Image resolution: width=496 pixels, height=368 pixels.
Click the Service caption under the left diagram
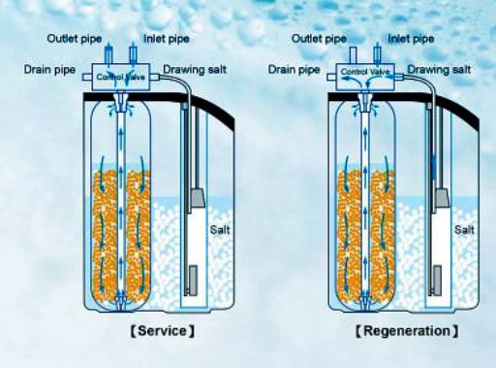click(x=163, y=331)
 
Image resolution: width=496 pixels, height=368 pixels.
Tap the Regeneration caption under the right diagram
click(x=407, y=331)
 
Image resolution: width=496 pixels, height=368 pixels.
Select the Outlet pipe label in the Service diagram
click(x=75, y=39)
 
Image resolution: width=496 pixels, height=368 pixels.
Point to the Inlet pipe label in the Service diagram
click(x=167, y=39)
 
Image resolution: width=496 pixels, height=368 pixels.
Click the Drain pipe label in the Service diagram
click(x=49, y=70)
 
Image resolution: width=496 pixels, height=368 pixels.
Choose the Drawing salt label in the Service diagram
click(x=195, y=70)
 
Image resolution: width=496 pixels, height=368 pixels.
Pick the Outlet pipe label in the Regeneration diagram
click(x=319, y=39)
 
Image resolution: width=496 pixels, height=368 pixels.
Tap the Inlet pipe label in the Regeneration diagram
click(x=411, y=39)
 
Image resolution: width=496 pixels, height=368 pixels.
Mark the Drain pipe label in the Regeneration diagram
click(x=294, y=70)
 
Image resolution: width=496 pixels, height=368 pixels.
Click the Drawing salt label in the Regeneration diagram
click(x=439, y=70)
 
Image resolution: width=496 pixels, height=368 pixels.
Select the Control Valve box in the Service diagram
click(x=121, y=77)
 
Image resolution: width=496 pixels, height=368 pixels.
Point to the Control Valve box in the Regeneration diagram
click(x=365, y=77)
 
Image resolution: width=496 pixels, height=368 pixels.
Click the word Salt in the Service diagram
click(x=220, y=230)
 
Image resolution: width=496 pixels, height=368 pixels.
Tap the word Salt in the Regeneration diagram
click(x=464, y=230)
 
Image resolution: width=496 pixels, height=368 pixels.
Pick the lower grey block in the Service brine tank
click(x=193, y=280)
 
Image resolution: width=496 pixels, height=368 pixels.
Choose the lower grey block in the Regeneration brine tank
click(x=438, y=280)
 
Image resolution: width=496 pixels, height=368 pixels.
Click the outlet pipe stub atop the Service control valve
click(x=109, y=55)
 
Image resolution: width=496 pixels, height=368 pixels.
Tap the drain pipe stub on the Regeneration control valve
click(x=331, y=77)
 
